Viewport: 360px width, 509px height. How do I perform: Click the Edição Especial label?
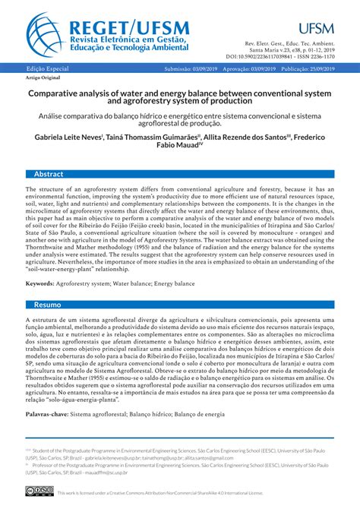tap(47, 69)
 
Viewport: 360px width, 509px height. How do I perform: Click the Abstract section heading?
tap(49, 174)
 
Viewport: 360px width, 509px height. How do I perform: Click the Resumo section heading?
tap(47, 304)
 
